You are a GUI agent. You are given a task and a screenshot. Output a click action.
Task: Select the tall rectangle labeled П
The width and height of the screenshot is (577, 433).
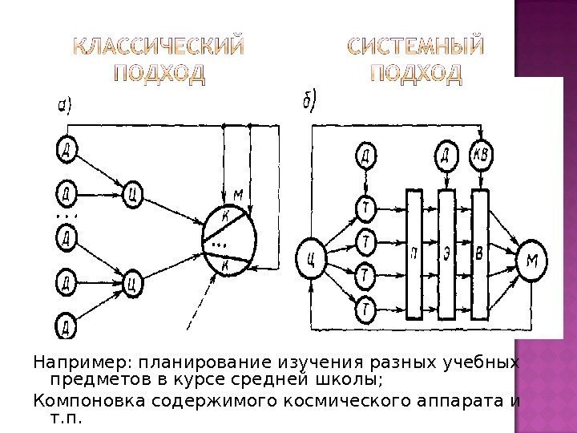click(414, 253)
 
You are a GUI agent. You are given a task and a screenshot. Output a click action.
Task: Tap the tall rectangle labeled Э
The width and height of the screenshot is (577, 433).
click(446, 253)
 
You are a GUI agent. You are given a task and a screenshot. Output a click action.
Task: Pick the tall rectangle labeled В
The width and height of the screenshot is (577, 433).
click(479, 253)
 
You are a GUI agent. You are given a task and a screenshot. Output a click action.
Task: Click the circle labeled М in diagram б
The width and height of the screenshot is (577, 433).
click(532, 261)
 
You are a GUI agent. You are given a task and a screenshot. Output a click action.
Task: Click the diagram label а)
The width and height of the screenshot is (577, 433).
click(65, 105)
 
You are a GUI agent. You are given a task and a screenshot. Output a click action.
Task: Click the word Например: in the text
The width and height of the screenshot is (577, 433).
click(70, 362)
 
